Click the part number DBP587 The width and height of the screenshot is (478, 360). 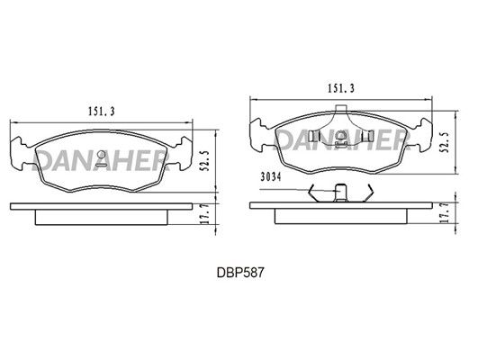(x=240, y=272)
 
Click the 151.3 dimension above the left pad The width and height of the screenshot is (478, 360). (x=102, y=112)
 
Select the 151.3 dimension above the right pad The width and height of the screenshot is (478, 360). (x=341, y=88)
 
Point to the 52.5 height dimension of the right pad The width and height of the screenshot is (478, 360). (x=446, y=142)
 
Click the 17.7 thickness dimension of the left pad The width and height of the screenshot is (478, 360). (x=206, y=214)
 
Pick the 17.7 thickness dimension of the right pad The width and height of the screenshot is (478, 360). (x=446, y=212)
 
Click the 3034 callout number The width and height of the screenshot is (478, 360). (x=270, y=177)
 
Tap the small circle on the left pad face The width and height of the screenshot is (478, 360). (x=101, y=155)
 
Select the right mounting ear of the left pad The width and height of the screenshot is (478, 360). (x=185, y=153)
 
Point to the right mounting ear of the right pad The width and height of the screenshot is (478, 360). (x=424, y=135)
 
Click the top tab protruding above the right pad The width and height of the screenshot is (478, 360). (x=341, y=108)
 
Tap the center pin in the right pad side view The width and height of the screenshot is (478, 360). (x=340, y=193)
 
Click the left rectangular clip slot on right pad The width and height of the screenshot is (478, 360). (x=313, y=136)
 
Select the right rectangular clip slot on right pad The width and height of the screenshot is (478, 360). (x=369, y=136)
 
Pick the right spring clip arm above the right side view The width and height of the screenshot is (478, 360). (x=368, y=193)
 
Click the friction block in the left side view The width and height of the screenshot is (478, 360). (x=101, y=217)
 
